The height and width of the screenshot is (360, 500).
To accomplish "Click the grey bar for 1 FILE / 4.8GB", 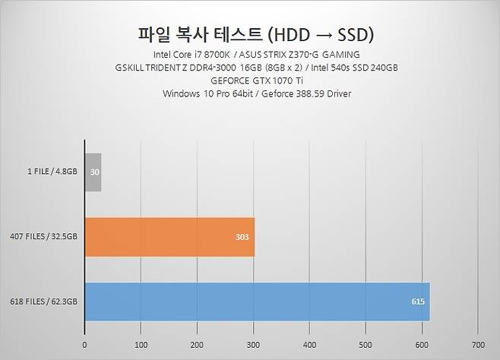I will pos(93,172).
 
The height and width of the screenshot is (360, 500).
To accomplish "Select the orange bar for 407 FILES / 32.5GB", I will pos(169,237).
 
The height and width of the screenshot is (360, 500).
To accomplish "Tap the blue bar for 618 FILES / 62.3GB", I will pos(257,302).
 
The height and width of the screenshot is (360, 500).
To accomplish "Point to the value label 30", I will pos(94,172).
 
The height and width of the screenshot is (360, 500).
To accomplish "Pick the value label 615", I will pos(418,302).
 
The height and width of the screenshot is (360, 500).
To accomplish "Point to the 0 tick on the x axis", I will pos(84,344).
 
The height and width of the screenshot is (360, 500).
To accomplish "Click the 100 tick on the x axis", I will pos(141,344).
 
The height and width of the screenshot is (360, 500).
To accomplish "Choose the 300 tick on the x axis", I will pos(253,344).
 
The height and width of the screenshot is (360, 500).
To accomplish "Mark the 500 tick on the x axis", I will pos(366,344).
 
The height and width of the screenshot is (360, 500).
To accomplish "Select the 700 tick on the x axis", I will pos(477,344).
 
